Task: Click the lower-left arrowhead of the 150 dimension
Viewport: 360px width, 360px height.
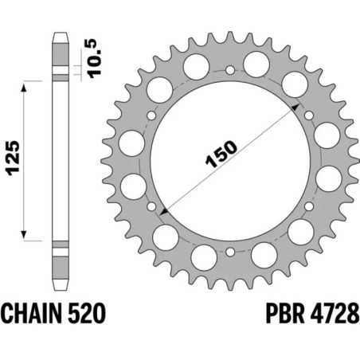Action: tap(164, 211)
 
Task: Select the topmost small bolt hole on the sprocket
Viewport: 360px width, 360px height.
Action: tap(230, 70)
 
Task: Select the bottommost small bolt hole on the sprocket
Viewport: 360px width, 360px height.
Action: tap(230, 252)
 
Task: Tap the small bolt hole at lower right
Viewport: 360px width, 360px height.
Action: tap(309, 207)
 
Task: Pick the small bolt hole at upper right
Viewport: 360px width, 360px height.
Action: tap(309, 116)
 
